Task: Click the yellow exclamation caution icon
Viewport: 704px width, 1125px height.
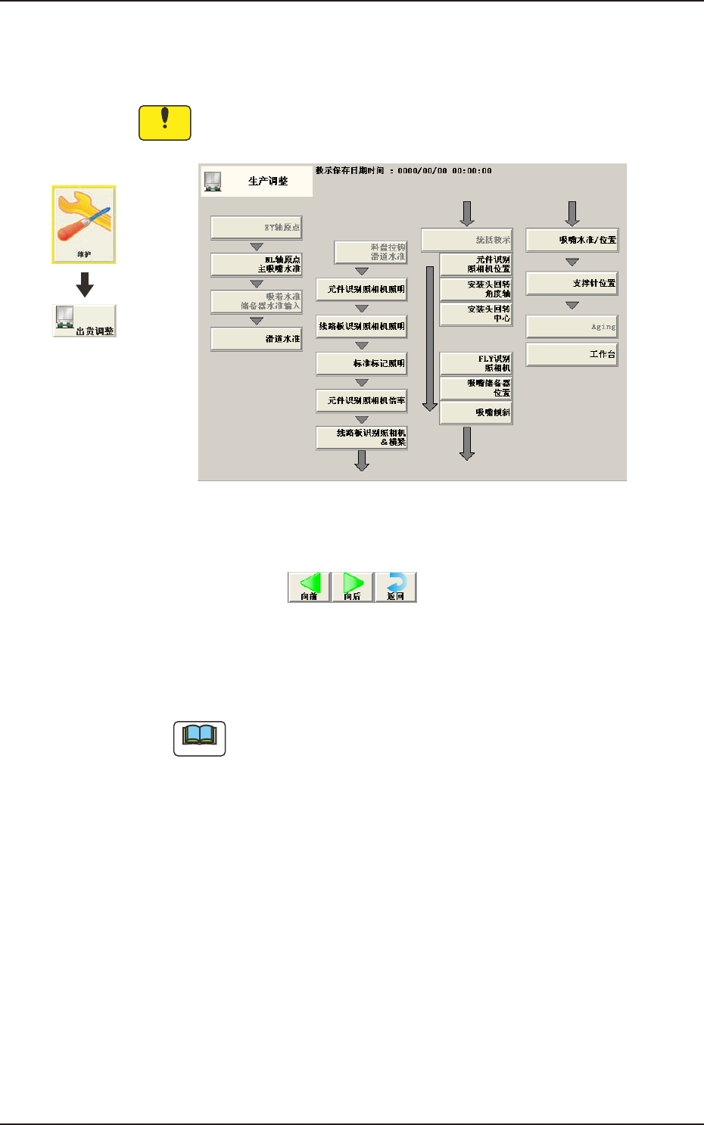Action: point(164,123)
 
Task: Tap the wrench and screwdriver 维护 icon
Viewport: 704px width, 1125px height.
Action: point(83,225)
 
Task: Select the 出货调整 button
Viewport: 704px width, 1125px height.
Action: point(84,321)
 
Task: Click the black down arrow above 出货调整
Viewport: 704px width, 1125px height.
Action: point(85,284)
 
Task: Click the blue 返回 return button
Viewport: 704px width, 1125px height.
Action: point(396,587)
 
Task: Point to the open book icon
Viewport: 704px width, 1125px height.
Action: point(200,738)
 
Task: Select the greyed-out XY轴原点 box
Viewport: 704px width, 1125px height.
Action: point(257,227)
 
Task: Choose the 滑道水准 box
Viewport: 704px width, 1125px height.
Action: point(257,339)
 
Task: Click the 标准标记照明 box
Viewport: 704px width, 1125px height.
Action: point(362,363)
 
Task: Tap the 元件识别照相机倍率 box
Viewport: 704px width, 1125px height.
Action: point(362,400)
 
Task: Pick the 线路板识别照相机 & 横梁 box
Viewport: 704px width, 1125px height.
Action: point(362,437)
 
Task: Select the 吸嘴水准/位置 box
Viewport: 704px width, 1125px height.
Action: point(572,240)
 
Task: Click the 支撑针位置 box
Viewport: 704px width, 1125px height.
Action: point(572,283)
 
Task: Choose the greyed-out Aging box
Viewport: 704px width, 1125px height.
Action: point(572,327)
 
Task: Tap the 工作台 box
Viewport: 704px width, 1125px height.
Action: point(572,354)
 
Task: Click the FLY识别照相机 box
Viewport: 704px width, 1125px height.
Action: point(476,363)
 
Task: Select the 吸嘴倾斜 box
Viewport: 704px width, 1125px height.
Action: point(476,412)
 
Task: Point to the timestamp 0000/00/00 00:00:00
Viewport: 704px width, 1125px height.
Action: point(444,171)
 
